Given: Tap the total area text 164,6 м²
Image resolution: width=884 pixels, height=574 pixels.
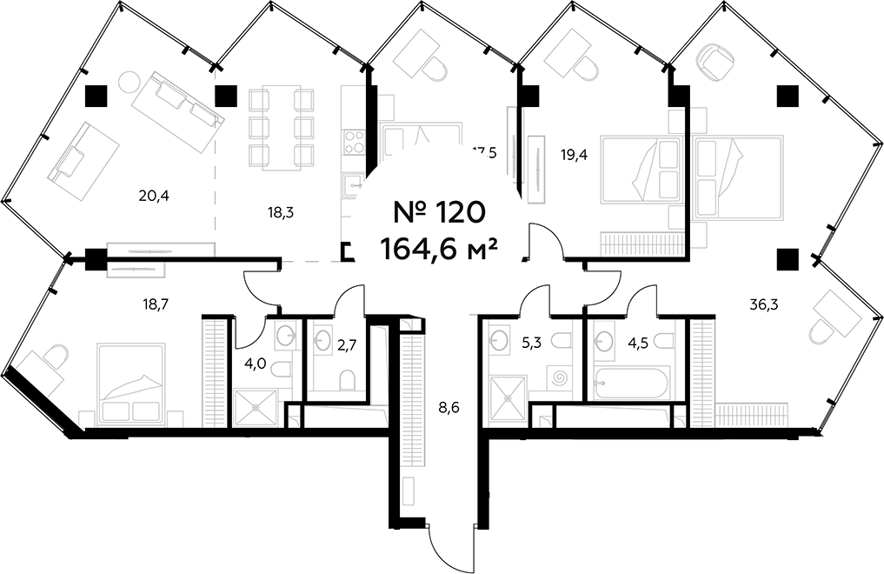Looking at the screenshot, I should click(439, 249).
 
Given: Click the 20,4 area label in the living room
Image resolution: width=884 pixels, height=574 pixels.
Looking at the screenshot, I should click(153, 196).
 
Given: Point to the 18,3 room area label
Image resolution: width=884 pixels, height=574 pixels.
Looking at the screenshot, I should click(279, 210).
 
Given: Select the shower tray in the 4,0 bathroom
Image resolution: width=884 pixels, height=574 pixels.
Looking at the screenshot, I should click(256, 406).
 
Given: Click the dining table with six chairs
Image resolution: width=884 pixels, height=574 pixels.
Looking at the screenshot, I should click(280, 127).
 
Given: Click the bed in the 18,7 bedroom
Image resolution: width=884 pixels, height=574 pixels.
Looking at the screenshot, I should click(130, 383).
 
